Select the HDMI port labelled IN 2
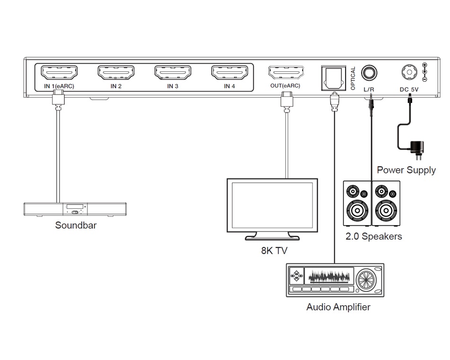click(x=116, y=73)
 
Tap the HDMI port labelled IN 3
click(x=173, y=73)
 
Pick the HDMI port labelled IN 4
click(x=229, y=73)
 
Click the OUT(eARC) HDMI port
click(x=286, y=73)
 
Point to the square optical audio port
click(x=333, y=76)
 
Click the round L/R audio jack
click(x=370, y=73)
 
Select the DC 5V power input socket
click(x=409, y=73)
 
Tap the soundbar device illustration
click(x=76, y=210)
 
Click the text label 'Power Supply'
click(x=406, y=170)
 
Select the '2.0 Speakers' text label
click(x=373, y=236)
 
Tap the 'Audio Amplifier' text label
click(x=338, y=307)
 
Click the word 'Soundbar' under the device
click(x=76, y=225)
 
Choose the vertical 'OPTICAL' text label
click(x=353, y=78)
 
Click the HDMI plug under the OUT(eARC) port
click(x=286, y=101)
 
